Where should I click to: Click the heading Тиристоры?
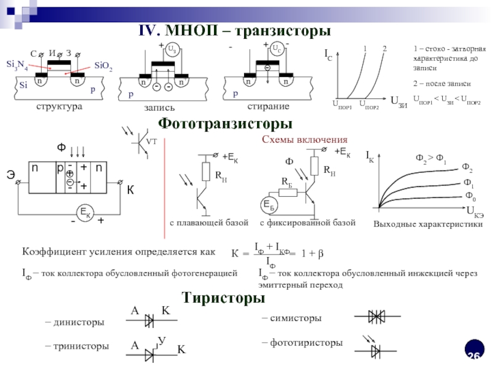coord(223,299)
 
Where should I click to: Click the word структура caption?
coord(58,106)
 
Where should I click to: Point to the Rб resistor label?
coord(287,182)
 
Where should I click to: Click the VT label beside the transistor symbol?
coord(151,141)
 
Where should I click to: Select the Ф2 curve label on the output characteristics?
coord(467,169)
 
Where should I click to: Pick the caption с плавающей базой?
coord(209,222)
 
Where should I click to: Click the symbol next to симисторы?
coord(376,316)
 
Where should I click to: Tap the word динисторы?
coord(78,322)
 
